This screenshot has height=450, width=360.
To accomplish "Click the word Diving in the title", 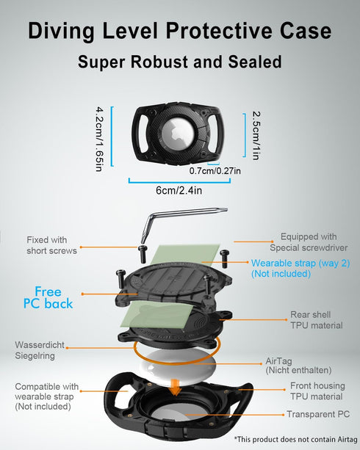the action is pyautogui.click(x=61, y=32).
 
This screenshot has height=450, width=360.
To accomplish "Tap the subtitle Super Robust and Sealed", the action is pyautogui.click(x=179, y=62).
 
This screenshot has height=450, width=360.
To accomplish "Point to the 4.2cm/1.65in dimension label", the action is pyautogui.click(x=99, y=139).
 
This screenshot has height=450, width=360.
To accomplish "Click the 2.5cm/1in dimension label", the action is pyautogui.click(x=256, y=135).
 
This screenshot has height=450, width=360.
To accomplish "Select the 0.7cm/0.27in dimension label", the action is pyautogui.click(x=215, y=171).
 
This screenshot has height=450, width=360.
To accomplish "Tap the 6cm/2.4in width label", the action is pyautogui.click(x=179, y=190).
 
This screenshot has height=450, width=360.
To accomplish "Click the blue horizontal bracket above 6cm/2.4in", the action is pyautogui.click(x=179, y=181).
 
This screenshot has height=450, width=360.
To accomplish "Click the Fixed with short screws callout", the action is pyautogui.click(x=51, y=245).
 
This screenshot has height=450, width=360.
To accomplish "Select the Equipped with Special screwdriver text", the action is pyautogui.click(x=309, y=242).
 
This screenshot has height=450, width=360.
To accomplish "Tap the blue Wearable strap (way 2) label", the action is pyautogui.click(x=300, y=269).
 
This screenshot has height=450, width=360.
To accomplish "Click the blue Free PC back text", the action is pyautogui.click(x=48, y=297).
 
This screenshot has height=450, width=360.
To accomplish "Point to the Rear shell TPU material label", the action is pyautogui.click(x=317, y=320).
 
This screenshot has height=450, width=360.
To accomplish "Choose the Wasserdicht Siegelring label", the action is pyautogui.click(x=40, y=350).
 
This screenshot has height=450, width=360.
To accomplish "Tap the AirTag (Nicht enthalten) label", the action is pyautogui.click(x=298, y=366).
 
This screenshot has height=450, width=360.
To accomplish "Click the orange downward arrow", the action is pyautogui.click(x=175, y=388).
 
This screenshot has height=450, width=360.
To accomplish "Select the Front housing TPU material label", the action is pyautogui.click(x=317, y=391).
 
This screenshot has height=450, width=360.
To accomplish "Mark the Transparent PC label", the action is pyautogui.click(x=318, y=414).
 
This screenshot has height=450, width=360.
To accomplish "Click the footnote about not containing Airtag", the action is pyautogui.click(x=295, y=440).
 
